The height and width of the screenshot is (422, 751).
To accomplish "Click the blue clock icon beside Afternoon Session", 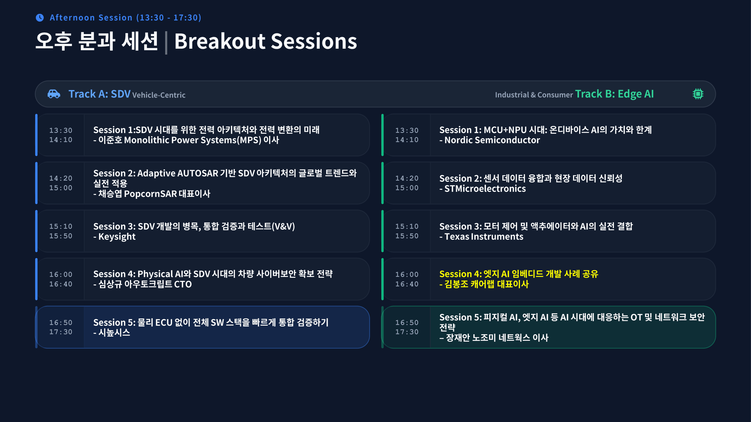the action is coord(40,18).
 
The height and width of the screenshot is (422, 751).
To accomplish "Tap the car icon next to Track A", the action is coord(54,94).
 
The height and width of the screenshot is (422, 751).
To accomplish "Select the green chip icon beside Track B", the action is coord(698,94).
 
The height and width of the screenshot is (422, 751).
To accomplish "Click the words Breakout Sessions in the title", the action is coord(266,41).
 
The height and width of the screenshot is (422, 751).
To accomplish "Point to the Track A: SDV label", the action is coord(99,94).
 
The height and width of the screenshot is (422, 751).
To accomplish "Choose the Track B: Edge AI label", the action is coord(614,94).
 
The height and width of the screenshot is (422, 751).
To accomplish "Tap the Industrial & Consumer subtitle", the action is coord(534,95).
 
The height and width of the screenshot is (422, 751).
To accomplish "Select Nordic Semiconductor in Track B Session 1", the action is coord(492,140).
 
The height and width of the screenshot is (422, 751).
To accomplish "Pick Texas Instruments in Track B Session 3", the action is coord(484,237).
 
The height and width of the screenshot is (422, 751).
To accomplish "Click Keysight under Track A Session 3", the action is coord(117,237).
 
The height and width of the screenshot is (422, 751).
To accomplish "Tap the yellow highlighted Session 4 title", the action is coord(519,274).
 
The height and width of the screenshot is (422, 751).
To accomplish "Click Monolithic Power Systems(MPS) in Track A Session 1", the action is coord(192,140).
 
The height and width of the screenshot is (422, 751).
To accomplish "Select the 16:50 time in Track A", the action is coord(61,322).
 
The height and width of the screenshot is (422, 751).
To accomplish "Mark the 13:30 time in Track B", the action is coord(407,130).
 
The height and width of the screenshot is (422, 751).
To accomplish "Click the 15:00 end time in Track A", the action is coord(61,188).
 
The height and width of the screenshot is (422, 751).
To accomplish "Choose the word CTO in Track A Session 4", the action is coord(183,284).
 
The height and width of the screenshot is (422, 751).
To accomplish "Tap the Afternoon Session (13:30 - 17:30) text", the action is coord(125,18).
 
